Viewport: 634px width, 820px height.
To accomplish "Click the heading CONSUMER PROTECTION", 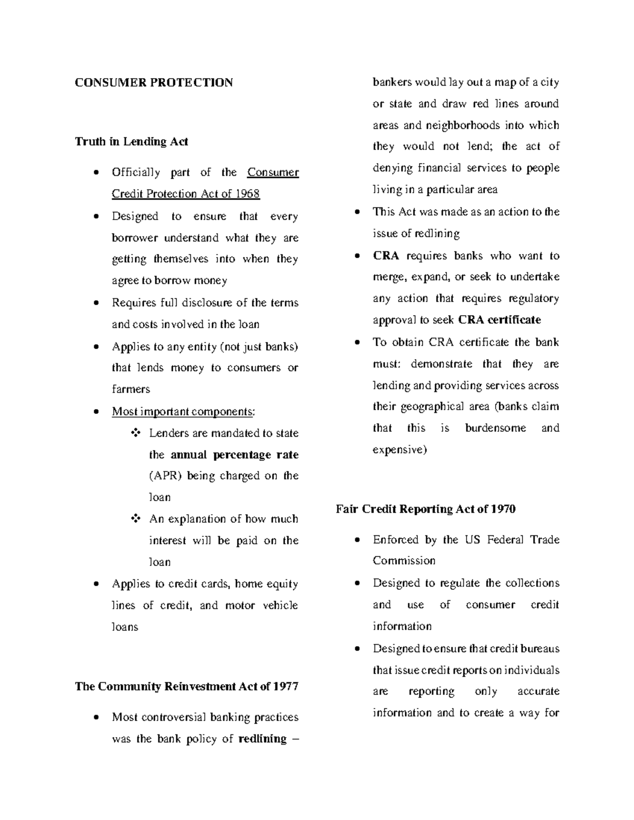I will click(154, 83).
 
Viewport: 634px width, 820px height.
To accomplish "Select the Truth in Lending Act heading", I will click(132, 142).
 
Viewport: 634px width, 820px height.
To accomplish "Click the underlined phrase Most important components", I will click(182, 411).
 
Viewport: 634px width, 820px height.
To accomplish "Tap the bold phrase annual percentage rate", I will click(235, 455).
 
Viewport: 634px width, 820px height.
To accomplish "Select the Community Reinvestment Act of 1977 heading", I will click(187, 686).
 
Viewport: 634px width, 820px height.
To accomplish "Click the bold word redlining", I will click(263, 739).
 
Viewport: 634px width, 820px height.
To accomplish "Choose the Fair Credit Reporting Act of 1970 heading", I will click(426, 509).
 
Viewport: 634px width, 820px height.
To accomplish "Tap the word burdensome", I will click(495, 428).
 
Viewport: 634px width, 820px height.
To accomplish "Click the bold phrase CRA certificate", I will click(499, 320).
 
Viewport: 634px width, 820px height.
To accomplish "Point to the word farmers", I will click(131, 389).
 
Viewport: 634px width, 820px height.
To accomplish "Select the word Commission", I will click(404, 561).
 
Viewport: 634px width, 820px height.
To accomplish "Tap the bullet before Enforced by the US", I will click(358, 540).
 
